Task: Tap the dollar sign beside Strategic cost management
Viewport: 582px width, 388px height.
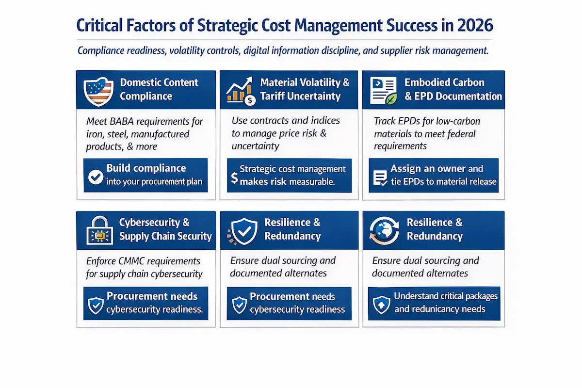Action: coord(234,178)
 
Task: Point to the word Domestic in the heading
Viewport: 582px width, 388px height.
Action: coord(139,82)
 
